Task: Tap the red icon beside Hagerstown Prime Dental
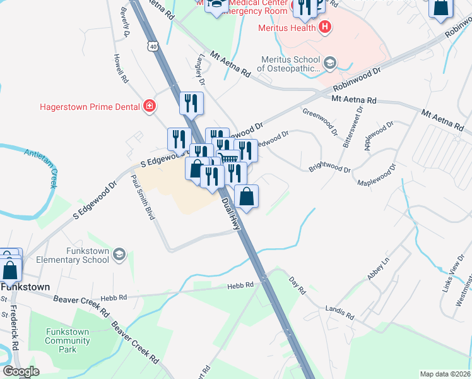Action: pos(150,105)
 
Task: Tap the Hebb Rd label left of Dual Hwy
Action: pos(240,286)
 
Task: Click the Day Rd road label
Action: pos(297,286)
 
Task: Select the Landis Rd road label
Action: pos(339,313)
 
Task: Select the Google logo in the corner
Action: pos(21,371)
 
